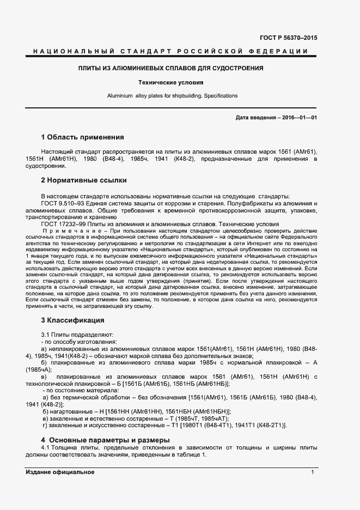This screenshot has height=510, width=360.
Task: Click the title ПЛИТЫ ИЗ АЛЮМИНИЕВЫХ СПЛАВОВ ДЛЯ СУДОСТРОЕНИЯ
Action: [170, 69]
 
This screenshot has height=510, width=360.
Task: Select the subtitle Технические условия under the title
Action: [170, 83]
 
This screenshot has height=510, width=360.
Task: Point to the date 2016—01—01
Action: [298, 117]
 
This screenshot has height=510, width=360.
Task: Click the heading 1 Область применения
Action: [83, 137]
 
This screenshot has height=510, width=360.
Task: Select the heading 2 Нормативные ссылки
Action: [84, 180]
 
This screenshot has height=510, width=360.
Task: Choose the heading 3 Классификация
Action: [72, 320]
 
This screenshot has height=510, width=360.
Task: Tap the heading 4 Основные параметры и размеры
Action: [106, 440]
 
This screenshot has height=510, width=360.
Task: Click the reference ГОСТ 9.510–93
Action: [64, 203]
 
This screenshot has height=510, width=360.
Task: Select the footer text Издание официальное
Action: [60, 472]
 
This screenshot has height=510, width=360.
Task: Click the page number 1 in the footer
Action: [313, 472]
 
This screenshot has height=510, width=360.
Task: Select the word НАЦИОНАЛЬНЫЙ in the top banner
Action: [70, 51]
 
